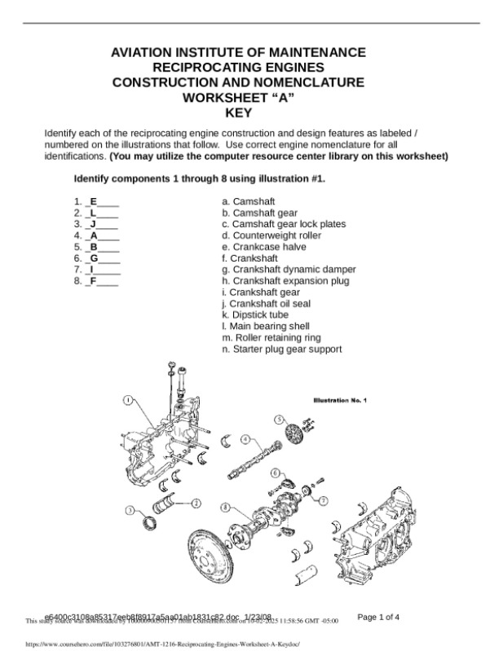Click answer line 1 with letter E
pyautogui.click(x=95, y=200)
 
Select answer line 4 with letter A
pyautogui.click(x=95, y=235)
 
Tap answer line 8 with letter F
pyautogui.click(x=95, y=281)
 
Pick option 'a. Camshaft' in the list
pyautogui.click(x=248, y=200)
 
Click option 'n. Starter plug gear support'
pyautogui.click(x=281, y=349)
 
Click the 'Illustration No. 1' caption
pyautogui.click(x=341, y=400)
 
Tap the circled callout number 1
pyautogui.click(x=129, y=400)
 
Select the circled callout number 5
pyautogui.click(x=278, y=419)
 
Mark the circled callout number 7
pyautogui.click(x=323, y=499)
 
